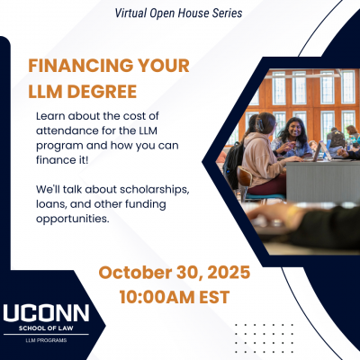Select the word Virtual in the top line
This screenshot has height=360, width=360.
pos(131,13)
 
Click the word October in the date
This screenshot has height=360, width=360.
pos(135,273)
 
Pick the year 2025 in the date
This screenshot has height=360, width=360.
pos(229,273)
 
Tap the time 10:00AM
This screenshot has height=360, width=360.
pos(157,297)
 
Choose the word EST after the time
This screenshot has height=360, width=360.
pos(214,297)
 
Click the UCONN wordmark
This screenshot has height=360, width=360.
pos(46,313)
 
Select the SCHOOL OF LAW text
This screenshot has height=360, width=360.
pos(46,328)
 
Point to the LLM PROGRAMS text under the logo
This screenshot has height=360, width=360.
pos(46,340)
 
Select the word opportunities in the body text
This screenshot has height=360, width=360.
pos(72,220)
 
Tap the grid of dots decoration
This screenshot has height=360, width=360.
pos(264,338)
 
